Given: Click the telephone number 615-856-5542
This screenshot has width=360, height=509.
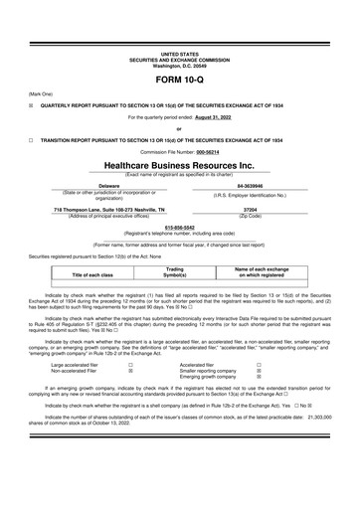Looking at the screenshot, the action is pyautogui.click(x=179, y=228).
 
